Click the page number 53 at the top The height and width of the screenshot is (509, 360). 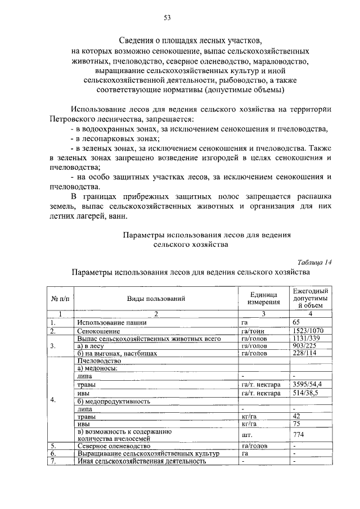pyautogui.click(x=167, y=17)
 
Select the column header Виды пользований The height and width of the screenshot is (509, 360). pyautogui.click(x=156, y=299)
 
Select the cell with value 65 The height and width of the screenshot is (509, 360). pyautogui.click(x=297, y=322)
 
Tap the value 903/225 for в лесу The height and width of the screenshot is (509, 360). pyautogui.click(x=305, y=346)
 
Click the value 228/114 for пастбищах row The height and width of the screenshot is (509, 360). pyautogui.click(x=305, y=353)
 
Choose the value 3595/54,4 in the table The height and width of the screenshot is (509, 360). pyautogui.click(x=308, y=384)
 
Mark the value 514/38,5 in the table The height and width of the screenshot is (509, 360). pyautogui.click(x=307, y=393)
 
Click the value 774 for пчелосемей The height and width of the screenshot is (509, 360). pyautogui.click(x=299, y=435)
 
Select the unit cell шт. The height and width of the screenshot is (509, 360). pyautogui.click(x=245, y=435)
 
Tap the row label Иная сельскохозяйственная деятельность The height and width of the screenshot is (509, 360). pyautogui.click(x=141, y=461)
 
